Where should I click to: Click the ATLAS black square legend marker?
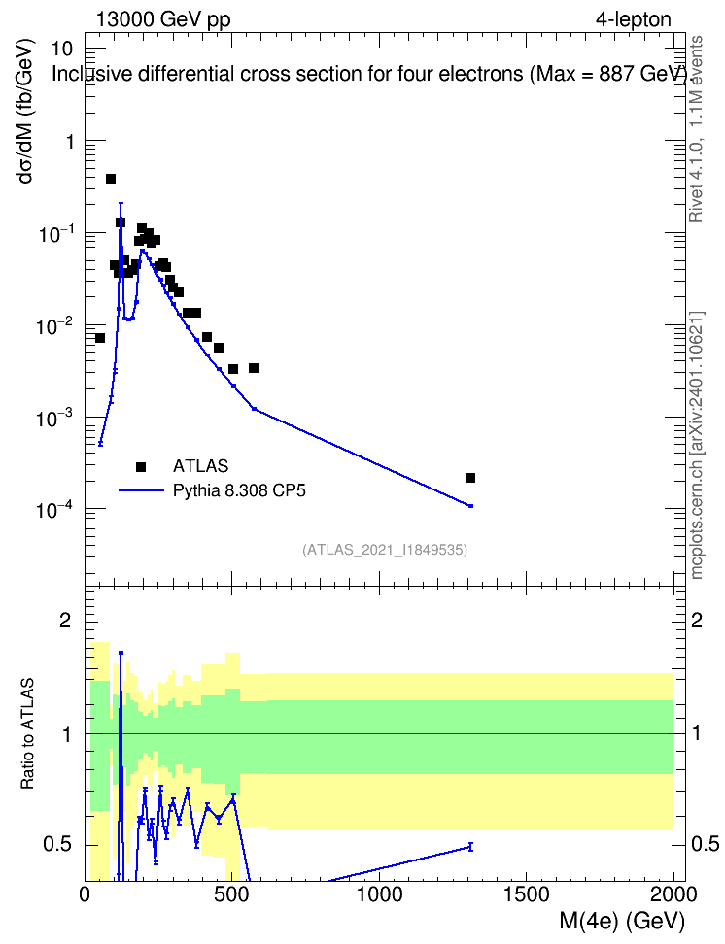click(x=141, y=466)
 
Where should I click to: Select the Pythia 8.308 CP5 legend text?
click(x=239, y=490)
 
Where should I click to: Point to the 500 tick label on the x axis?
click(x=232, y=894)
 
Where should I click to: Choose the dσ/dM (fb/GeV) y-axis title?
click(x=25, y=112)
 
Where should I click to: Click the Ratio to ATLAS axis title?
click(x=27, y=734)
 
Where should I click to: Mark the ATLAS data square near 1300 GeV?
click(x=470, y=478)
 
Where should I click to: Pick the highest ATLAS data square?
click(x=110, y=179)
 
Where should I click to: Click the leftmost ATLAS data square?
click(x=100, y=338)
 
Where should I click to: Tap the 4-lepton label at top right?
click(x=634, y=19)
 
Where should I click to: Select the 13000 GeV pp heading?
click(x=163, y=19)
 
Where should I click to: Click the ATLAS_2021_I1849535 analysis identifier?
click(x=385, y=550)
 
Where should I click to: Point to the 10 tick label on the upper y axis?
click(x=61, y=49)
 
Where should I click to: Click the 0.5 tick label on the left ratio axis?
click(x=56, y=845)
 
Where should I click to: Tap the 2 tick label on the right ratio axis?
click(x=697, y=621)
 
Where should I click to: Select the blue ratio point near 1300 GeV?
click(x=470, y=847)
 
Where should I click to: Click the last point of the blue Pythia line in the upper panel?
click(x=470, y=506)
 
